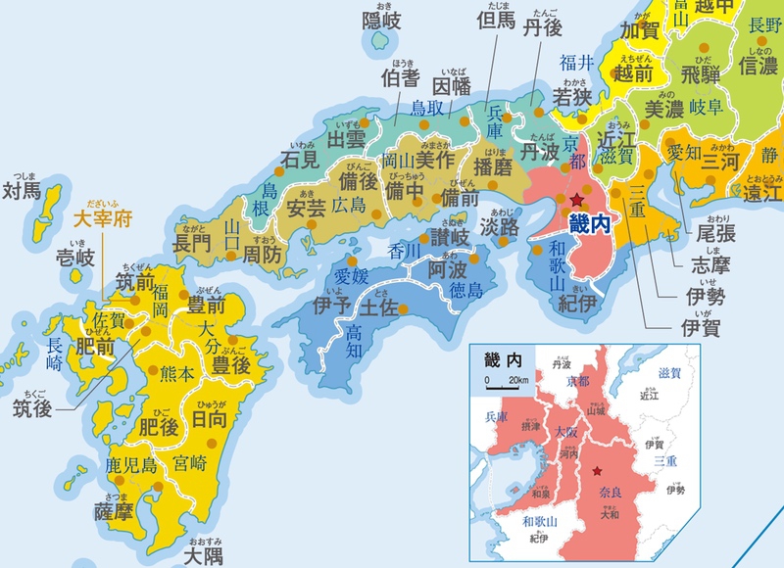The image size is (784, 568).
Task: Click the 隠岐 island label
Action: pos(382,21)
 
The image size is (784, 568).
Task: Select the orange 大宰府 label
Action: pos(105,217)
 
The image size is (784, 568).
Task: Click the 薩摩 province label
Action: pos(114,510)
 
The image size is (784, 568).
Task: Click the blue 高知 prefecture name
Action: pos(354,341)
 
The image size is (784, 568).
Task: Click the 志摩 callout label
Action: pos(704,263)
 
